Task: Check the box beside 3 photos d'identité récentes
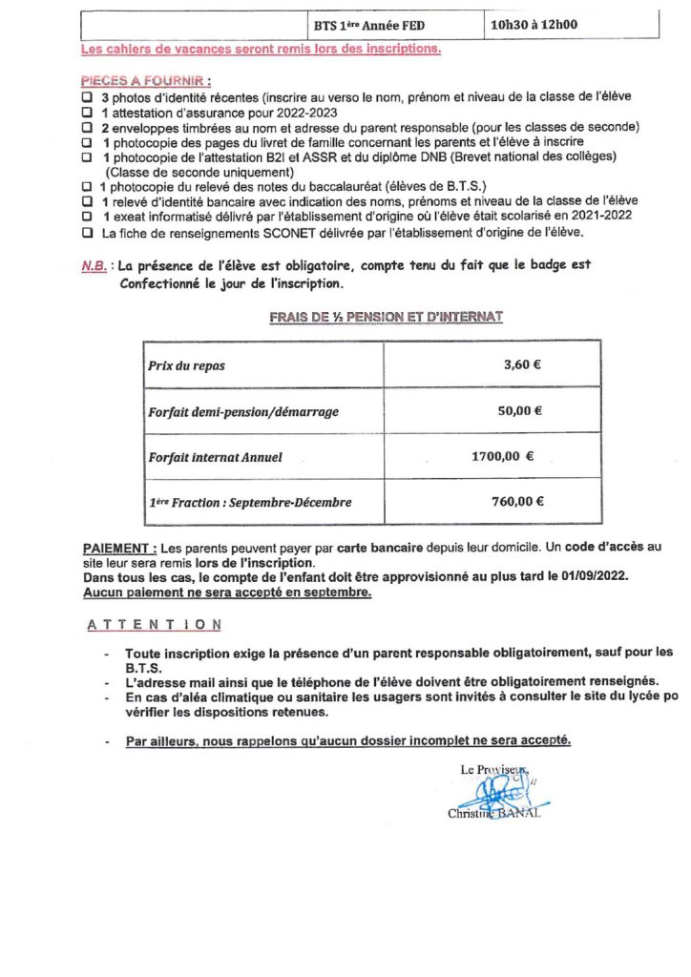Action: (87, 96)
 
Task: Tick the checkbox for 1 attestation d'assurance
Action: (87, 112)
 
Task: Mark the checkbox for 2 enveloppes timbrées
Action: (87, 127)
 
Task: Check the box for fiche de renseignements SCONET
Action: (87, 232)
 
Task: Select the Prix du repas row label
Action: (187, 366)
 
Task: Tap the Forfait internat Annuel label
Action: (215, 457)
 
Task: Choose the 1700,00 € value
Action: (502, 456)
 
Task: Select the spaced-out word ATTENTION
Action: (155, 625)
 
